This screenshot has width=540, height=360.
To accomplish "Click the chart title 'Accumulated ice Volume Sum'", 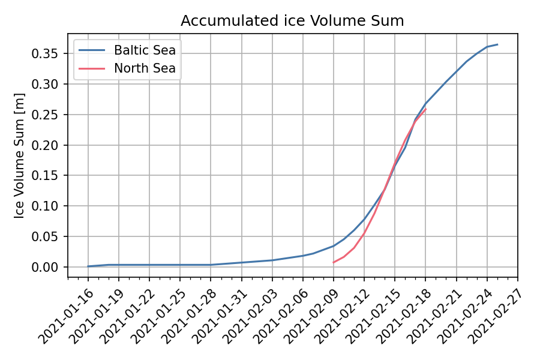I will coord(292,21).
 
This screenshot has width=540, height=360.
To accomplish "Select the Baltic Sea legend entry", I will coord(145,49).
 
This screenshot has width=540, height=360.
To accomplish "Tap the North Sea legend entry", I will coord(145,68).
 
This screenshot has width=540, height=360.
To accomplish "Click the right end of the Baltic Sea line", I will coord(497,44).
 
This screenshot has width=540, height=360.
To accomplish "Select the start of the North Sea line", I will coord(334,262).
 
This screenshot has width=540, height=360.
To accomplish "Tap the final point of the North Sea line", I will coord(425,109).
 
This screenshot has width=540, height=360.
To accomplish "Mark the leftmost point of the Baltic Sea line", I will coord(88,266).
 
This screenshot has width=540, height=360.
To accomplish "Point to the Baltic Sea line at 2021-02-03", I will coord(272,260).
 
